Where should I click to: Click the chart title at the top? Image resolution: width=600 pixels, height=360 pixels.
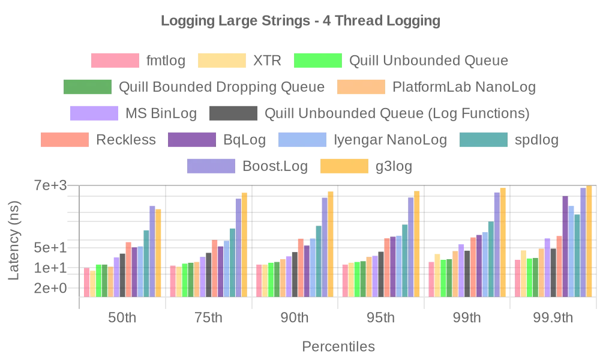click(x=300, y=22)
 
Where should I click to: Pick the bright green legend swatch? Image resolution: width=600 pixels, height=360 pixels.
click(x=317, y=61)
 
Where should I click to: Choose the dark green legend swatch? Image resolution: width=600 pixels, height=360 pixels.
click(x=87, y=88)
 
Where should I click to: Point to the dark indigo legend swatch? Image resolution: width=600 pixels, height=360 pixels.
click(x=192, y=140)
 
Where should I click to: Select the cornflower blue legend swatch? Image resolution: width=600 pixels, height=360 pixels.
click(x=302, y=140)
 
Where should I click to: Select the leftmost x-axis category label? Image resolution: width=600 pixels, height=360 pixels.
click(x=122, y=319)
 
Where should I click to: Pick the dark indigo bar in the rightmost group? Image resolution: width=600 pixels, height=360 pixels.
click(x=565, y=246)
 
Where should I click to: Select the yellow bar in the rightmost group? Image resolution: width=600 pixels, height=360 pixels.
click(x=523, y=273)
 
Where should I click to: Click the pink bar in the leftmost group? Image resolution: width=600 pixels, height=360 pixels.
click(x=86, y=282)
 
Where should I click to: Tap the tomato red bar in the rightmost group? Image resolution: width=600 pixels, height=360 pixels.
click(x=559, y=266)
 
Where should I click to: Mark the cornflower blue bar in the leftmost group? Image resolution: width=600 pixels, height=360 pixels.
click(x=140, y=271)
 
